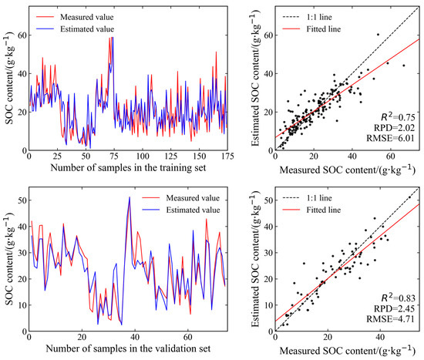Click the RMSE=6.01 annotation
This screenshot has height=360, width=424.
pyautogui.click(x=390, y=138)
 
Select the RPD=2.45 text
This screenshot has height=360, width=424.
pyautogui.click(x=394, y=308)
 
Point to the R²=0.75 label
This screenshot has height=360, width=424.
pyautogui.click(x=398, y=117)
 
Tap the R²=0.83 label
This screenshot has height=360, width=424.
pyautogui.click(x=398, y=298)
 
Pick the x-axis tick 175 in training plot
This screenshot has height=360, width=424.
pyautogui.click(x=227, y=156)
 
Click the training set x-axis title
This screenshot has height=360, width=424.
pyautogui.click(x=128, y=168)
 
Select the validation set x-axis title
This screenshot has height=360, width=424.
pyautogui.click(x=128, y=348)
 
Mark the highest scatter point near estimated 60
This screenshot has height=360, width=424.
pyautogui.click(x=378, y=35)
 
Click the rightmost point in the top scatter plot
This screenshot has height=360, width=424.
pyautogui.click(x=404, y=66)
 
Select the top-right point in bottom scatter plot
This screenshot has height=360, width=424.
pyautogui.click(x=409, y=197)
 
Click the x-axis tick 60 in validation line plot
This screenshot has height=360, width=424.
pyautogui.click(x=187, y=337)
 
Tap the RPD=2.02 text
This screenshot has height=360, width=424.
pyautogui.click(x=394, y=127)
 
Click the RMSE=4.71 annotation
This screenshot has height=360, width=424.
pyautogui.click(x=390, y=319)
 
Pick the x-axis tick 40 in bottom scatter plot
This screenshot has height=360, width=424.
pyautogui.click(x=380, y=337)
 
